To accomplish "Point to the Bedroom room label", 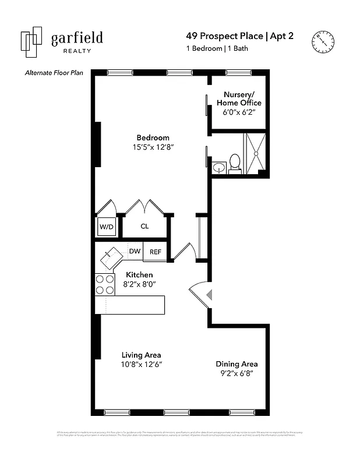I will [153, 138].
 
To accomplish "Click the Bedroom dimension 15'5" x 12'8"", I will [153, 148].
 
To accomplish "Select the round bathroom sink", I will [219, 168].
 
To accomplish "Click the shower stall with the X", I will [255, 153].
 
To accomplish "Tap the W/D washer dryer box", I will [105, 226].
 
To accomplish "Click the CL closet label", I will [144, 226].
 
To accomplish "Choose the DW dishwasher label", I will [135, 252].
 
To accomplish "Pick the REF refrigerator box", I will [156, 252].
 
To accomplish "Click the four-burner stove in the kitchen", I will [105, 284].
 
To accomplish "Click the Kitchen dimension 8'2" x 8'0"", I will [139, 284].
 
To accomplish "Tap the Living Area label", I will [142, 355].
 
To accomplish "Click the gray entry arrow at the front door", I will [209, 295].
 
